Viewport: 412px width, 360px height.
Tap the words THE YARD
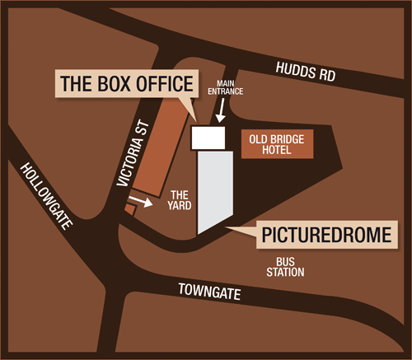[179, 202]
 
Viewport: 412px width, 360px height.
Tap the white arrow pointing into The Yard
[141, 201]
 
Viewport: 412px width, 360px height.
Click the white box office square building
[209, 138]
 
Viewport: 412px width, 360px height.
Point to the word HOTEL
[281, 152]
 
